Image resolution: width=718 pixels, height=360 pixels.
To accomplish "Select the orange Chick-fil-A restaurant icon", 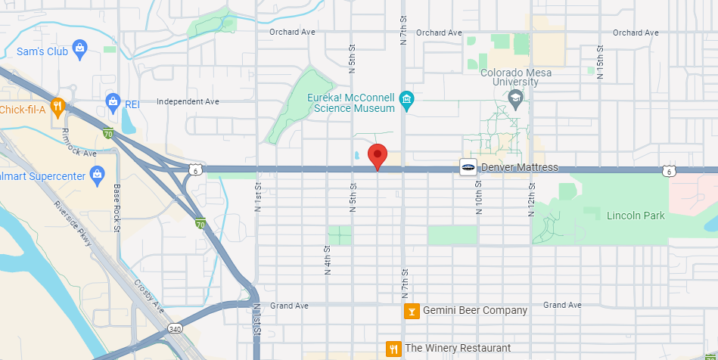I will (57, 105).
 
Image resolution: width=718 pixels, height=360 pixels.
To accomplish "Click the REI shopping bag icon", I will (113, 101).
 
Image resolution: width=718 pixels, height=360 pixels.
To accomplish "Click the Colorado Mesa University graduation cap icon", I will (515, 98).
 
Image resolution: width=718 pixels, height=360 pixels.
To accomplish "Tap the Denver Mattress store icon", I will (468, 167).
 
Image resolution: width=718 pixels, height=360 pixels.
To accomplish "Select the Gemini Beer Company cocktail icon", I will (412, 311).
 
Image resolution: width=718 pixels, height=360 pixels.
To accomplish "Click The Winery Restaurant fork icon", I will (393, 349).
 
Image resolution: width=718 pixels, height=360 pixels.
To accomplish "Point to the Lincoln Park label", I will (636, 216).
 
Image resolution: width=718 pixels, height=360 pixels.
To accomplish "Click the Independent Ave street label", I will (188, 101).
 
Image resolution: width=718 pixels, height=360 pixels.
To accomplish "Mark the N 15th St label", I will (600, 57).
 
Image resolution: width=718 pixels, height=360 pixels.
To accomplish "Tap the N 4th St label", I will (328, 259).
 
